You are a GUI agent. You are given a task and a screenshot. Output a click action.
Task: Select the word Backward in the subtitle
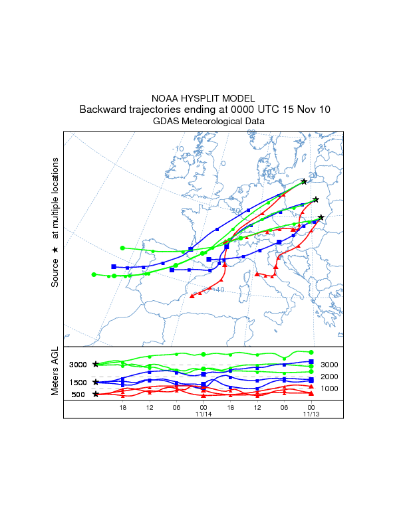(102, 110)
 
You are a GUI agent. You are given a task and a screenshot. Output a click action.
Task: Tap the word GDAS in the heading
(165, 122)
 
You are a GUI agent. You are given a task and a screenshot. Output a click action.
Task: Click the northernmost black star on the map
(304, 181)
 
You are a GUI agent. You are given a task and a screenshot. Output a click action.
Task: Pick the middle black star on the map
(316, 199)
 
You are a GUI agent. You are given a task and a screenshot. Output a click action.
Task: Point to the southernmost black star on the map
(321, 217)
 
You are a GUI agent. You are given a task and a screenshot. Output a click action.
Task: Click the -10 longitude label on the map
(178, 149)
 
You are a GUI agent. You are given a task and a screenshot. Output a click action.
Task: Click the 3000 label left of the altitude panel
(78, 365)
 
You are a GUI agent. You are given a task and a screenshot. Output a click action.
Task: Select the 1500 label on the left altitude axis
(78, 383)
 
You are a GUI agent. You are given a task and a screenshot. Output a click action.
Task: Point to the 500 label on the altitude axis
(78, 394)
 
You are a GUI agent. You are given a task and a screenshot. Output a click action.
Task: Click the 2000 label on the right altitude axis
(331, 377)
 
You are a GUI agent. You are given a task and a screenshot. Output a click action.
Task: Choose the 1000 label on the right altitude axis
(331, 389)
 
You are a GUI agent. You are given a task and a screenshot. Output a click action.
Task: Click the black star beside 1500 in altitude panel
(96, 382)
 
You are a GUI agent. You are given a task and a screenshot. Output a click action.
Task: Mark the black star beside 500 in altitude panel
(96, 394)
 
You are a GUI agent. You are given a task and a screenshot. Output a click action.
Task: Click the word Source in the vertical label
(55, 272)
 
